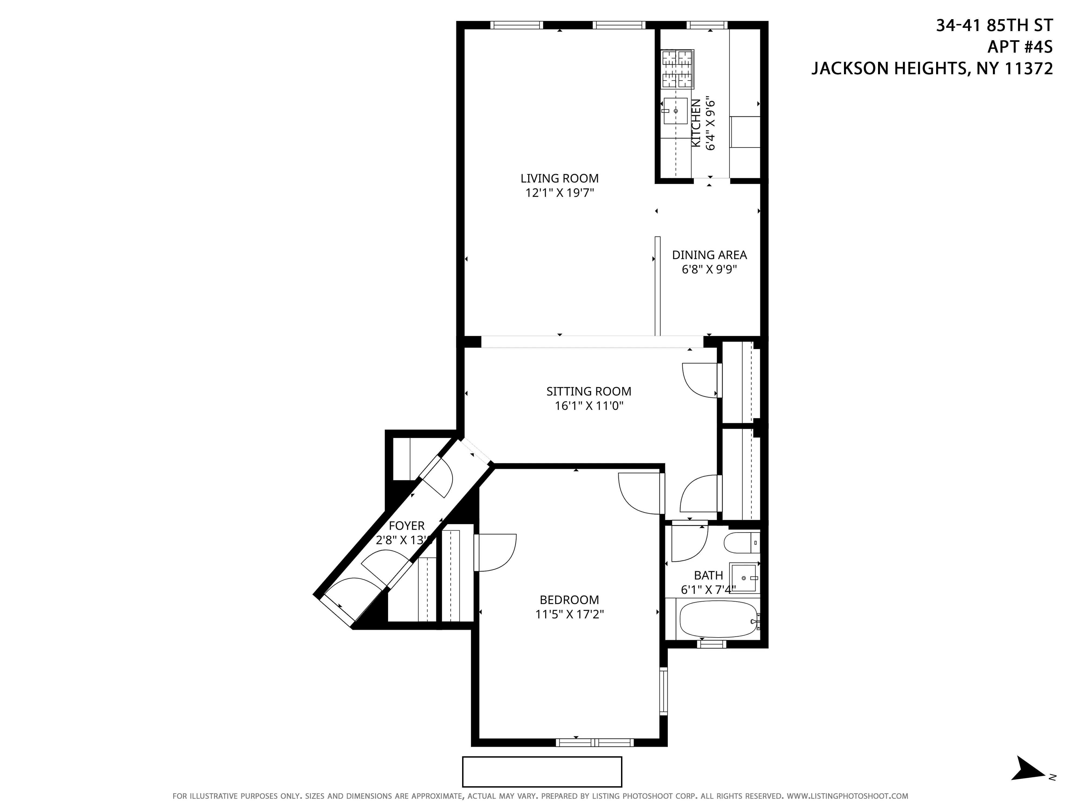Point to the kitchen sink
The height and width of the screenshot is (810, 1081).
click(675, 111)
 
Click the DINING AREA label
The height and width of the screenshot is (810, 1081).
click(709, 255)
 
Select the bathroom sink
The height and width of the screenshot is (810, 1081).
click(743, 578)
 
